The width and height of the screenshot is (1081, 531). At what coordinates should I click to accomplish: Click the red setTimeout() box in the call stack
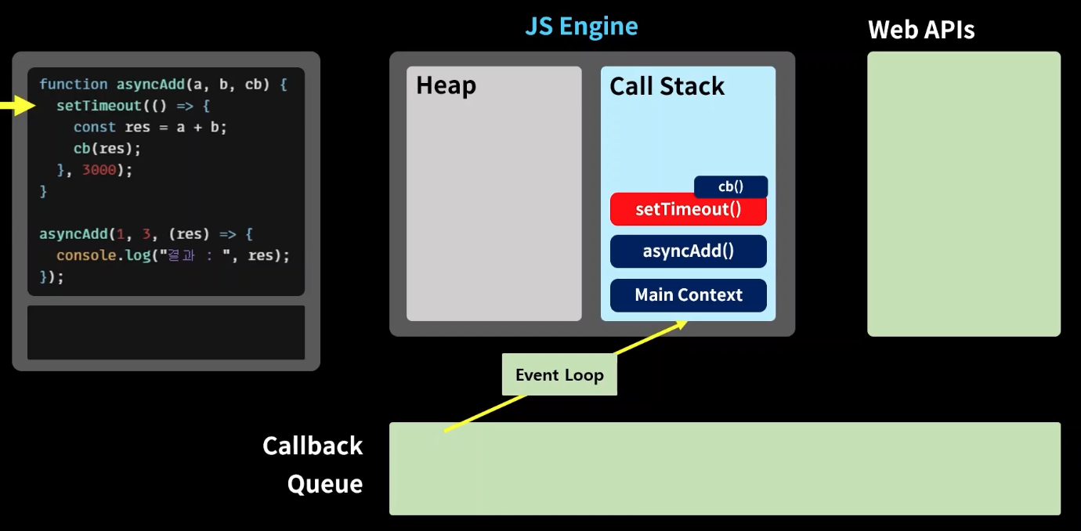click(x=689, y=209)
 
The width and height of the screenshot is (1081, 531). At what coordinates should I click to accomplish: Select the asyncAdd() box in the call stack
click(x=689, y=251)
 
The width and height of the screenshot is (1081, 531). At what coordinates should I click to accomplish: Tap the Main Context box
click(x=689, y=295)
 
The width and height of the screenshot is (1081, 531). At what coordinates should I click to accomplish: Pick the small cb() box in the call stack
click(x=731, y=186)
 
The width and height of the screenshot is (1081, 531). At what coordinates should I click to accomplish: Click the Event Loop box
click(x=559, y=374)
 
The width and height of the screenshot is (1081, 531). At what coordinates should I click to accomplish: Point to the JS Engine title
click(x=581, y=26)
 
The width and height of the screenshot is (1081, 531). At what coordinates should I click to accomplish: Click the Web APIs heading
click(x=921, y=30)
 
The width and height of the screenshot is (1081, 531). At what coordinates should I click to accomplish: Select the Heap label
click(x=446, y=86)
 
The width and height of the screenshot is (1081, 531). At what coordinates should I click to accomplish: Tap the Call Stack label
click(x=667, y=86)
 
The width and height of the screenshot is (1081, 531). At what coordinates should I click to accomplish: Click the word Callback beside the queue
click(x=313, y=446)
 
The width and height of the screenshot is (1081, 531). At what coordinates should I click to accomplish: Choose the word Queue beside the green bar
click(x=325, y=484)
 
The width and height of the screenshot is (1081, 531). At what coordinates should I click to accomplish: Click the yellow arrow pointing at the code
click(x=18, y=105)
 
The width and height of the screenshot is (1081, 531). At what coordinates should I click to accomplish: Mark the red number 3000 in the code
click(x=99, y=170)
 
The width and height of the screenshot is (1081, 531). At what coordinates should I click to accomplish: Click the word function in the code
click(x=74, y=85)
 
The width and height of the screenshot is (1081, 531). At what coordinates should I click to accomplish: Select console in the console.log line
click(x=86, y=255)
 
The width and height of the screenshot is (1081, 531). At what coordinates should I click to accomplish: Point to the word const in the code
click(x=95, y=128)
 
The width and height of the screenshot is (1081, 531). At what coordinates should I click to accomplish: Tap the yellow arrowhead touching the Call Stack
click(x=681, y=324)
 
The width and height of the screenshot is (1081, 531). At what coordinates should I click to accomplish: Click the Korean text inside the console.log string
click(x=181, y=255)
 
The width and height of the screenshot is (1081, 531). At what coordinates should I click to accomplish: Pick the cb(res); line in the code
click(x=107, y=149)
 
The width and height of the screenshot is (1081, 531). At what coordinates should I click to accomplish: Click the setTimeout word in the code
click(x=99, y=106)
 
